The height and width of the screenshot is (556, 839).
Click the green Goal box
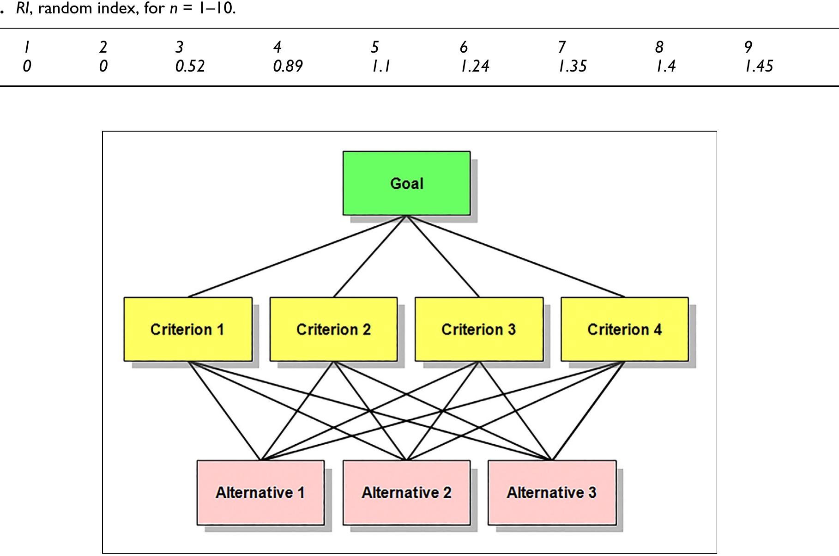[x=406, y=183]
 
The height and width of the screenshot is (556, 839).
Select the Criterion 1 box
[x=187, y=329]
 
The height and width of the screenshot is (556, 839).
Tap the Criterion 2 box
[x=333, y=329]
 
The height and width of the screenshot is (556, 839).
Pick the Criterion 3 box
[x=479, y=329]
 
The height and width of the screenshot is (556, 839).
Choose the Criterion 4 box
[x=624, y=329]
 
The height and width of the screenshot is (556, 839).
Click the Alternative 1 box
[x=260, y=492]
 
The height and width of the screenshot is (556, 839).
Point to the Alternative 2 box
[x=406, y=492]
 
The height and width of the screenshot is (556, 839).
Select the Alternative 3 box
[x=552, y=492]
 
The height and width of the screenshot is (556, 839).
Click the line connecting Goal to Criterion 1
[x=297, y=256]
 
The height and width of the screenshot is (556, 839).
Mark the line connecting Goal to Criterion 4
[x=515, y=256]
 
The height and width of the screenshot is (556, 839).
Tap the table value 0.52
[x=190, y=66]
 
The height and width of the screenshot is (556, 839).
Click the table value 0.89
[x=288, y=66]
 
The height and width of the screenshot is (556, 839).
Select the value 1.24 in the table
[x=475, y=66]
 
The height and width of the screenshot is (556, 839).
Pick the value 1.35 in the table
[x=573, y=66]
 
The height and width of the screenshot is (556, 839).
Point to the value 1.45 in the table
[x=759, y=66]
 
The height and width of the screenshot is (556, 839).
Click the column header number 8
[x=659, y=47]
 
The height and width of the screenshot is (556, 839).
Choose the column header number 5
[x=374, y=47]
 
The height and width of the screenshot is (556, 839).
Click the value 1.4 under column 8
[x=666, y=66]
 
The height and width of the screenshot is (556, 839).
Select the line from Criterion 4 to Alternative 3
[x=588, y=411]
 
